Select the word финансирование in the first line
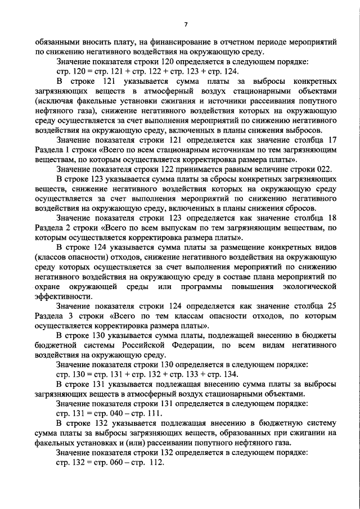[187, 42]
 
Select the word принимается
[206, 168]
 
